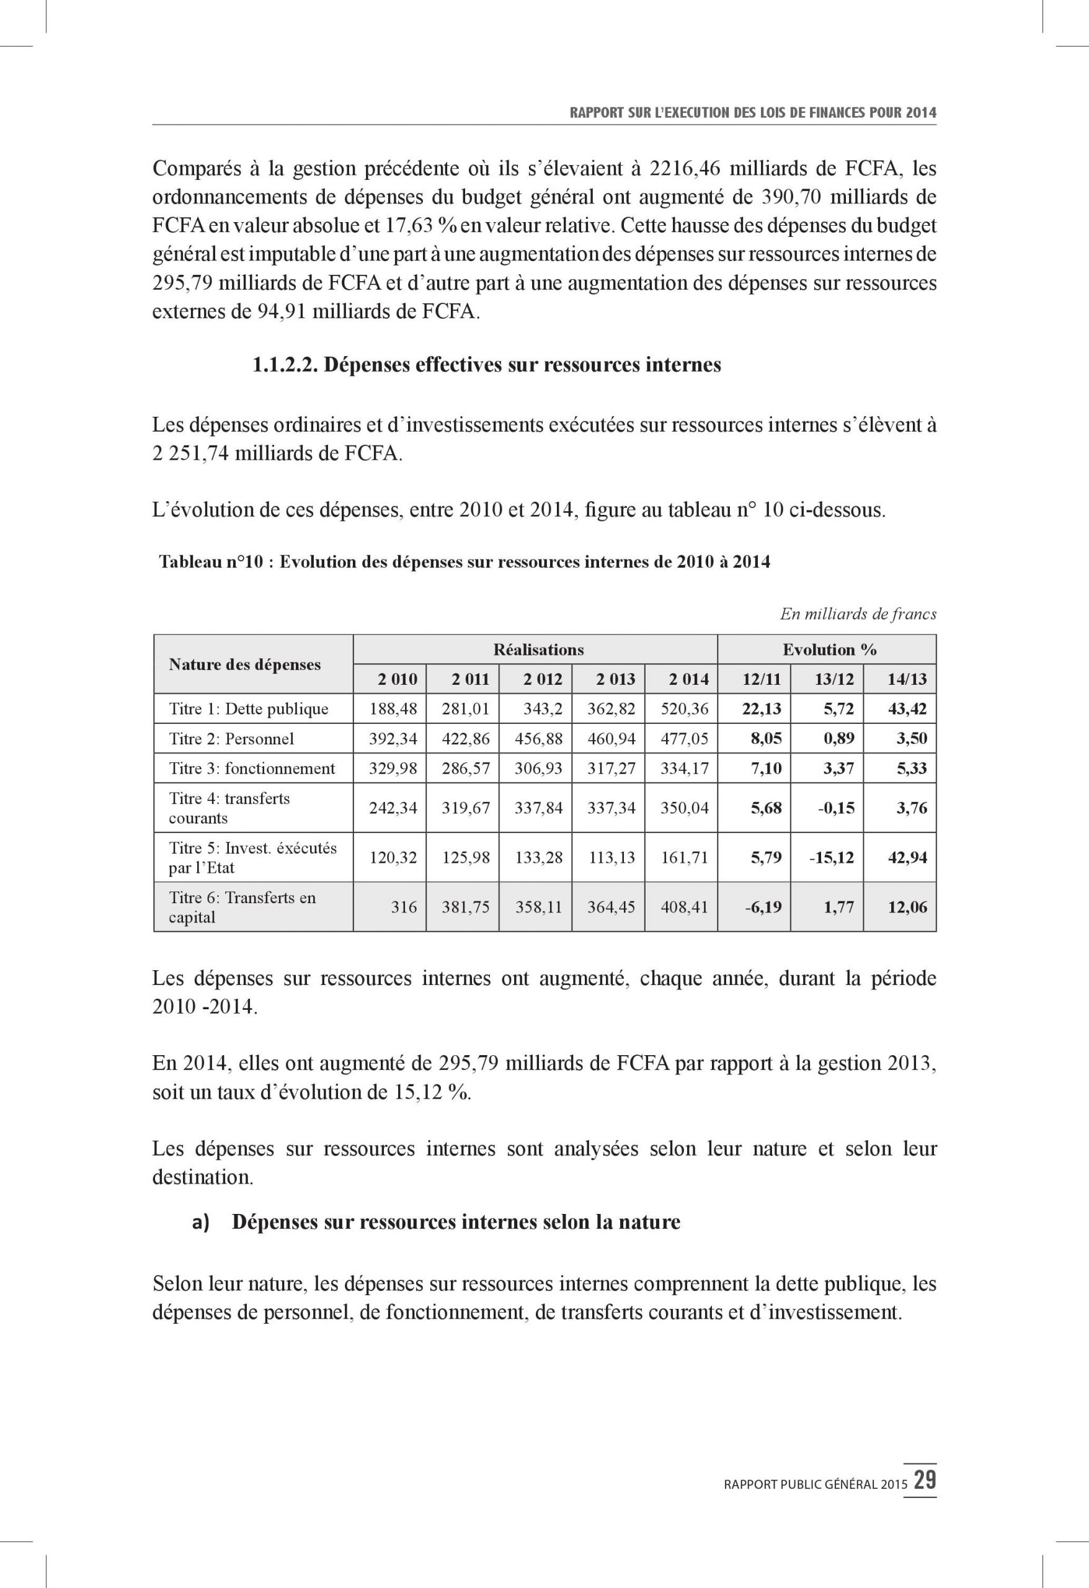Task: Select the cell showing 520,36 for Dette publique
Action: [x=685, y=708]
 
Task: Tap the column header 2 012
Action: [x=543, y=679]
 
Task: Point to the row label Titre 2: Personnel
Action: [x=231, y=739]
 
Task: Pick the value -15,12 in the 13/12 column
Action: [x=832, y=857]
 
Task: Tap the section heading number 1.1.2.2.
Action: [x=285, y=365]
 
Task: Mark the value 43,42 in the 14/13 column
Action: [x=907, y=708]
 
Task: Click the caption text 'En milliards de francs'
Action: [x=858, y=613]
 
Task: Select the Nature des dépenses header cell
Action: [x=244, y=664]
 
